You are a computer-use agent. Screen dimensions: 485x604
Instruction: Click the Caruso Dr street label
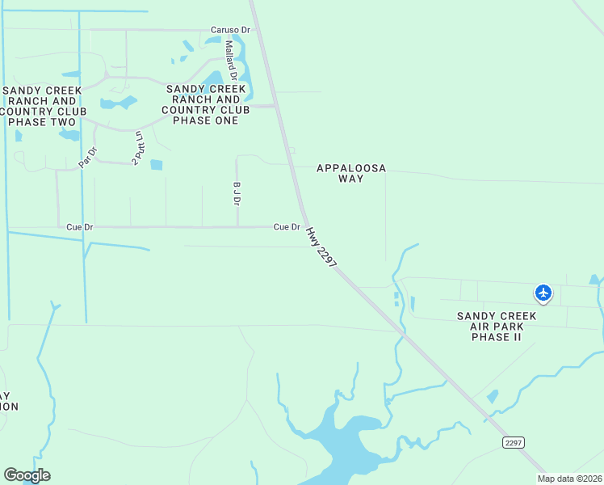(x=231, y=30)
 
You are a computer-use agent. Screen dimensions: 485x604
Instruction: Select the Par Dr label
(x=87, y=156)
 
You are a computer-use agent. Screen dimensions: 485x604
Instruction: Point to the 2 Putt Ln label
(x=138, y=148)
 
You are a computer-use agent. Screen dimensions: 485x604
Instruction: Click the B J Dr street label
(x=237, y=192)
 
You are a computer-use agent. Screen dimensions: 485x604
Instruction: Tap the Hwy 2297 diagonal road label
(x=321, y=247)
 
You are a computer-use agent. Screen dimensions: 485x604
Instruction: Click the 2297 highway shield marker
(x=514, y=442)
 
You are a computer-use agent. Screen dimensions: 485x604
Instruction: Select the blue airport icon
(x=543, y=293)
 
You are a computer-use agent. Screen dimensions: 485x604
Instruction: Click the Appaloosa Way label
(x=351, y=173)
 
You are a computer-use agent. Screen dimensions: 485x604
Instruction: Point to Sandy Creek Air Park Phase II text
(x=497, y=326)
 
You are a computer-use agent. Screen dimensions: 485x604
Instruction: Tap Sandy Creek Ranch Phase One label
(x=201, y=104)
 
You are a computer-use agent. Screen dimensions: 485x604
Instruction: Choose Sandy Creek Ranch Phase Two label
(x=45, y=106)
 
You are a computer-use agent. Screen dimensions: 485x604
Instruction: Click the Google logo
(x=27, y=475)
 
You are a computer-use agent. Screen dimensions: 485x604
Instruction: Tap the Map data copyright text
(x=570, y=479)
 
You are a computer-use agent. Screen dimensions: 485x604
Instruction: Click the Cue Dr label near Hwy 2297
(x=287, y=227)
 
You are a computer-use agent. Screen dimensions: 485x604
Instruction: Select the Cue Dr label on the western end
(x=80, y=228)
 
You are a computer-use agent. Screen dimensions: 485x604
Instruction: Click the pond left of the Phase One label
(x=118, y=103)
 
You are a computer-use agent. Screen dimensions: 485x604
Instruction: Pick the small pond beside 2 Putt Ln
(x=157, y=165)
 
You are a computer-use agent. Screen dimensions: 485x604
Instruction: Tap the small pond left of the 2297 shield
(x=493, y=396)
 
